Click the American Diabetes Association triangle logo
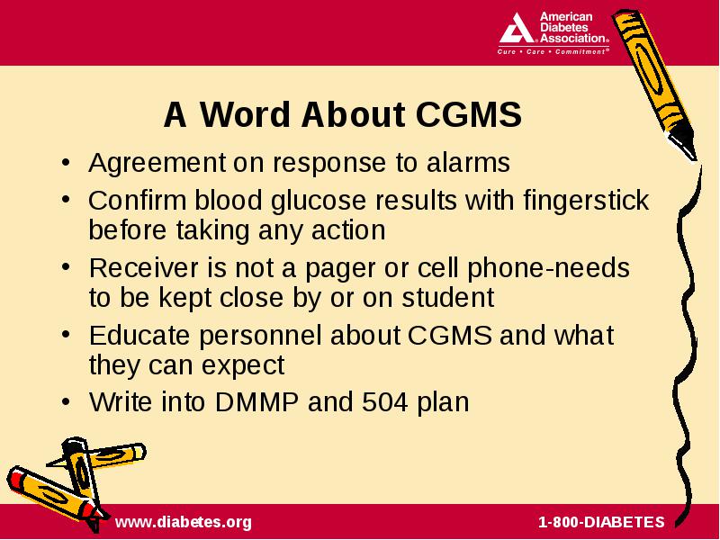517,29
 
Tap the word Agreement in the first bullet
157,164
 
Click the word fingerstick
586,201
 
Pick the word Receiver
144,268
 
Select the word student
447,298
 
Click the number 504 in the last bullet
385,402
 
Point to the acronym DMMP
256,402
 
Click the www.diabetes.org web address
184,522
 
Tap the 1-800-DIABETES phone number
601,522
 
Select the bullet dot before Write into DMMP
67,402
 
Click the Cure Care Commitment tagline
553,52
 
